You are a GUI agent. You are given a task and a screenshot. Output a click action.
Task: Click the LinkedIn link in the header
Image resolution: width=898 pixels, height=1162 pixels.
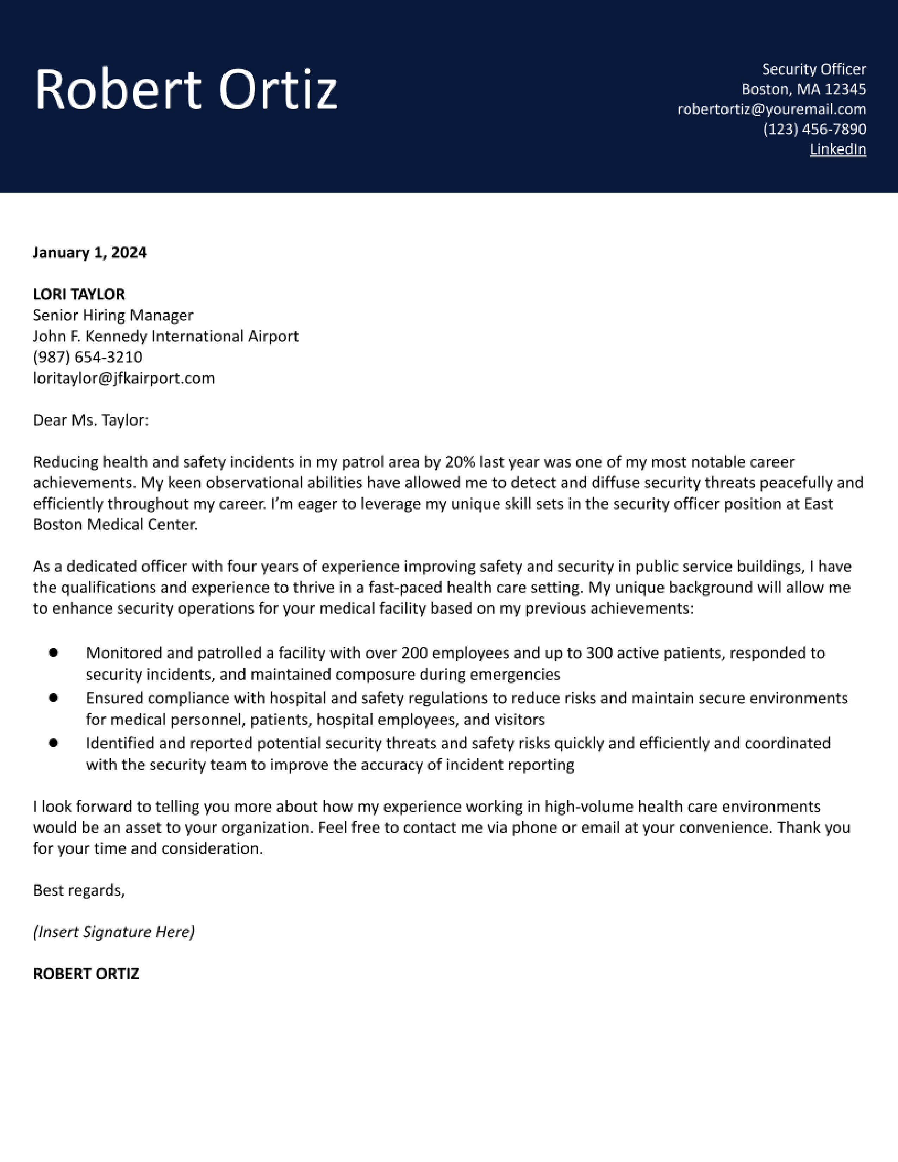[837, 150]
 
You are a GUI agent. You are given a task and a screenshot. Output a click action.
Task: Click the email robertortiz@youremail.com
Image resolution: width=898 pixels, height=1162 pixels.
[771, 110]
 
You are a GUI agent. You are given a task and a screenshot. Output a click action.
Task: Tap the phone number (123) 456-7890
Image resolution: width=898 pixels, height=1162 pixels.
[814, 129]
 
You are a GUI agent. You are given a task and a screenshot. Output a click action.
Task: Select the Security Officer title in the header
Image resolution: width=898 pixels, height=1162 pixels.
[813, 69]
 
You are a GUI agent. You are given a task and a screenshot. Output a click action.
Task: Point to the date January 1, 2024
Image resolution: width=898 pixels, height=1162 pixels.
[89, 252]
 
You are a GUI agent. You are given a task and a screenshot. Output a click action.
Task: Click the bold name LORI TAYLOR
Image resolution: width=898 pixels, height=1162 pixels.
[79, 294]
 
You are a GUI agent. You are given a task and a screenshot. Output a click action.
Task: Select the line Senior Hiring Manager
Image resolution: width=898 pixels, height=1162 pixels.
[113, 316]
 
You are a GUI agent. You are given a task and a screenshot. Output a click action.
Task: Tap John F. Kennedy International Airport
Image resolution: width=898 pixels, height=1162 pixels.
[166, 336]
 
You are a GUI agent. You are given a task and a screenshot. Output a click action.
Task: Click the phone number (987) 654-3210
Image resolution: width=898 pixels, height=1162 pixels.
[88, 357]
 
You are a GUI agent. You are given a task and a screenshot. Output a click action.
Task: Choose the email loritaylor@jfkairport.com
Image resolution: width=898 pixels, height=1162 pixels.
[123, 378]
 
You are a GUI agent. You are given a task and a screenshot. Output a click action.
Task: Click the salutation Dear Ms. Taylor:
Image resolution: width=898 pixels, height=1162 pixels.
[91, 420]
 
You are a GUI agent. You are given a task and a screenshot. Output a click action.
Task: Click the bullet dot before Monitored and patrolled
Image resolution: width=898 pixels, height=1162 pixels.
[53, 653]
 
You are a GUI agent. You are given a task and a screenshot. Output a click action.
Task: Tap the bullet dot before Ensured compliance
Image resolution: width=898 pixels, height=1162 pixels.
[53, 698]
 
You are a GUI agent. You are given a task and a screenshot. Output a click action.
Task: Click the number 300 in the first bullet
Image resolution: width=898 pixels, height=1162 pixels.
[599, 653]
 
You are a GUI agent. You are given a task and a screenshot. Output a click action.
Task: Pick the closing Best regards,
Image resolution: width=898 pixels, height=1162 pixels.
[79, 891]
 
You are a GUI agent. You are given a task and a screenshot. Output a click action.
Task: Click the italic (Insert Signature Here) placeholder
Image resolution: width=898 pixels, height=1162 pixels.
[114, 932]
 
